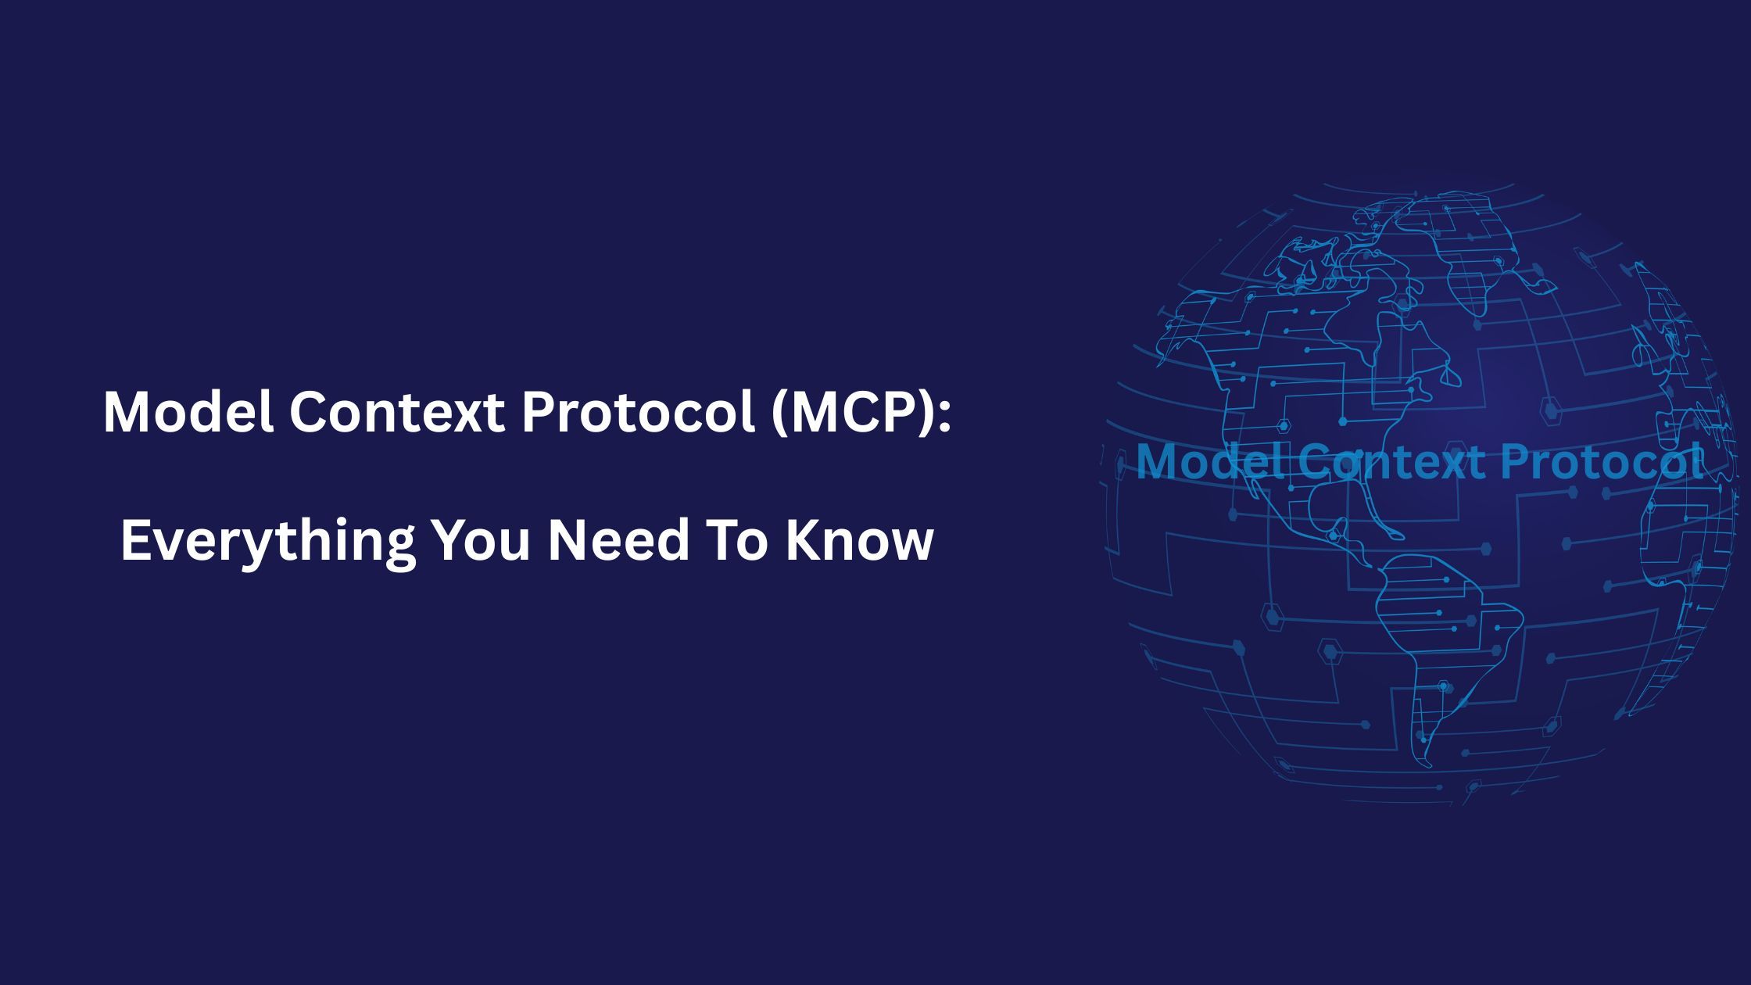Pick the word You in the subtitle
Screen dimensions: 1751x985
coord(480,540)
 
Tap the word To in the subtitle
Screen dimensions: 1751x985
coord(736,540)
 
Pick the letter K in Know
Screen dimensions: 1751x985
coord(803,540)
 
